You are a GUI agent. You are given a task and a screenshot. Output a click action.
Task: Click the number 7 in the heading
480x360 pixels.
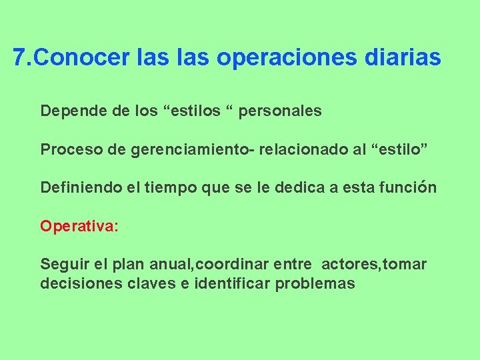pos(19,58)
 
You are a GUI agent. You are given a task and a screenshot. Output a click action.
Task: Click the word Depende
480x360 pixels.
pos(68,111)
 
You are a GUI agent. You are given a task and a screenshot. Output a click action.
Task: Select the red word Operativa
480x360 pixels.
pos(77,227)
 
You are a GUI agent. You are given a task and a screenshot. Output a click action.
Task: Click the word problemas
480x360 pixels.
pos(315,283)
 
